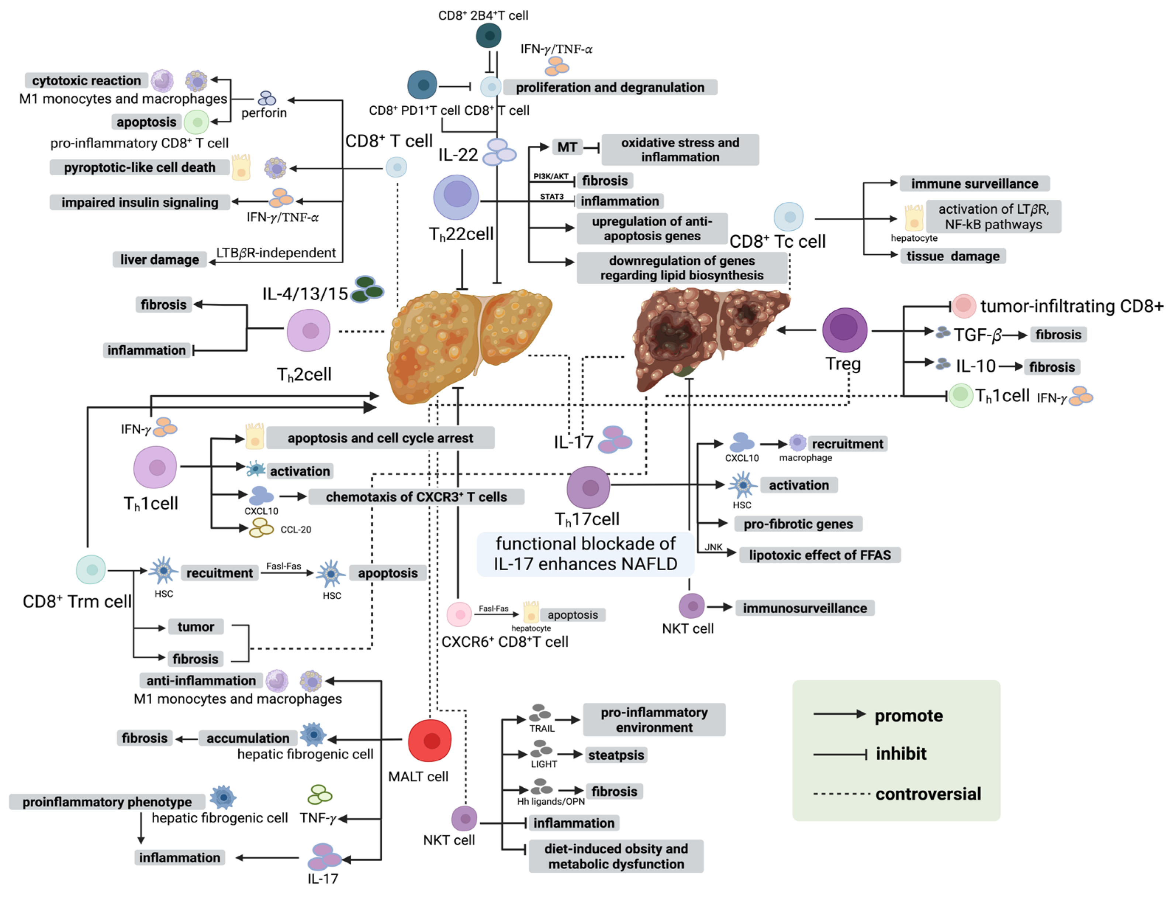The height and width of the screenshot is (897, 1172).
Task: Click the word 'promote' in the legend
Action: click(908, 715)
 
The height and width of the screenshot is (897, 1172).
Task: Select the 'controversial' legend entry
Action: click(928, 794)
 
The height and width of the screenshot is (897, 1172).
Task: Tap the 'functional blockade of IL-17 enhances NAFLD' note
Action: click(585, 554)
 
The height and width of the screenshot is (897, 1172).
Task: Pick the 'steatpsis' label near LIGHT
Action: click(616, 755)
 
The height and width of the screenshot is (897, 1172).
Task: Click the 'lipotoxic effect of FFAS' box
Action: click(819, 555)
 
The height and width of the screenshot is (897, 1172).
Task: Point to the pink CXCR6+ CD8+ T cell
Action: click(459, 615)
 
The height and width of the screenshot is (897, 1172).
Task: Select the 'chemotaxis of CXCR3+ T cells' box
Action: click(416, 497)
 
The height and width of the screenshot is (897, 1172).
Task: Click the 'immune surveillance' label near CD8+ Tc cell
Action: click(974, 184)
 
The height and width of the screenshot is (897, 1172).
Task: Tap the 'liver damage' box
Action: click(159, 260)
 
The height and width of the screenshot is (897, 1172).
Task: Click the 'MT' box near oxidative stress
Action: click(567, 147)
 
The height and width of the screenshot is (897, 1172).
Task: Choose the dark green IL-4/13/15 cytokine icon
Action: click(367, 289)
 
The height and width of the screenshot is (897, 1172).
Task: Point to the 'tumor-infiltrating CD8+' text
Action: click(1071, 306)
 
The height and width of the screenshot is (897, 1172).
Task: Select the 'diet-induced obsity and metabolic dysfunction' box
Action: click(616, 856)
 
